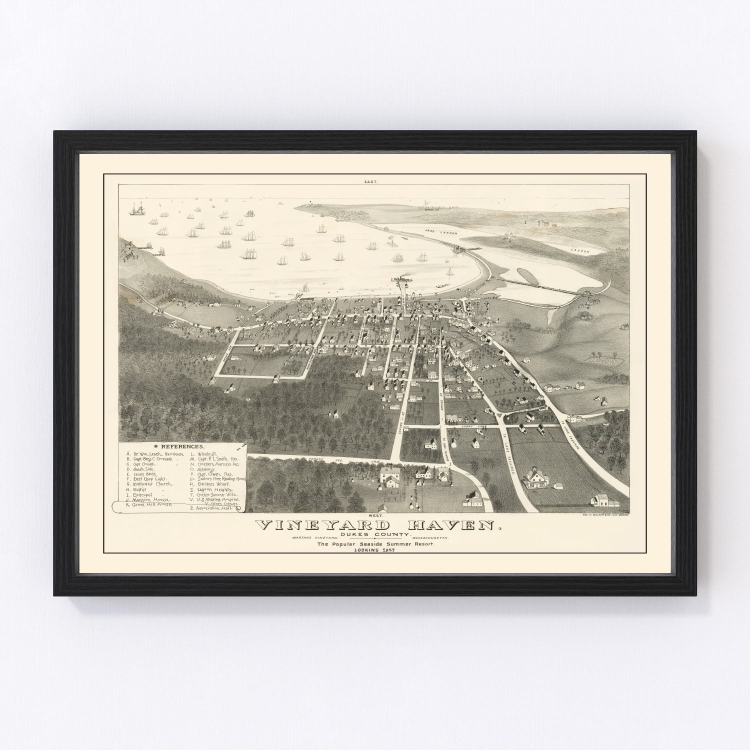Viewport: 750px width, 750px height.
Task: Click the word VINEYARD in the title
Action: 322,525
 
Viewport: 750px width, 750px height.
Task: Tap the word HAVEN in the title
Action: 446,525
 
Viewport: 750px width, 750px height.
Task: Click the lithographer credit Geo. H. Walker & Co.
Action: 604,514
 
